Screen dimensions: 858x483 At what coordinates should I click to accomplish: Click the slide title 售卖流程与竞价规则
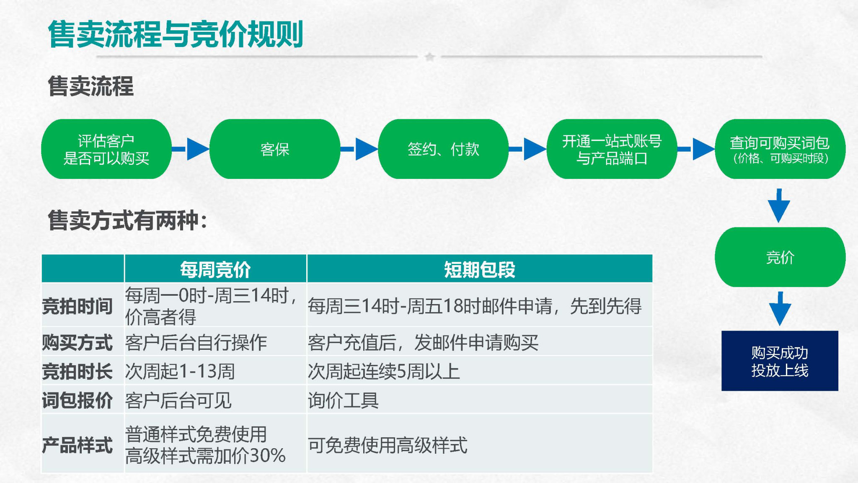click(x=176, y=34)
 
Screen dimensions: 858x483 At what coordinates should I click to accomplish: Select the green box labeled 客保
click(x=275, y=149)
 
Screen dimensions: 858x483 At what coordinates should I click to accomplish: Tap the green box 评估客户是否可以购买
click(x=106, y=149)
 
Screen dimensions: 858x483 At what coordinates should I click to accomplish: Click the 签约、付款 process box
click(x=443, y=149)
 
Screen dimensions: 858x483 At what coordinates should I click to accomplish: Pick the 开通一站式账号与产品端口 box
click(x=612, y=149)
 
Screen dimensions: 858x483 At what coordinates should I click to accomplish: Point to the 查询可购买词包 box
click(x=780, y=149)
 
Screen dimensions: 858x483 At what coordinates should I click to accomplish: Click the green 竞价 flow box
click(x=780, y=257)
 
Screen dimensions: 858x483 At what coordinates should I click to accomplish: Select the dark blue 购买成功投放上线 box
click(x=780, y=361)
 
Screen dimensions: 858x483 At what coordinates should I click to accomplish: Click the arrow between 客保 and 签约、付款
click(x=359, y=149)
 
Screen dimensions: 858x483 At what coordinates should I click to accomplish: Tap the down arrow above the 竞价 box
click(x=779, y=206)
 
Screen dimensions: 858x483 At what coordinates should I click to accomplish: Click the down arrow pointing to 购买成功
click(x=780, y=309)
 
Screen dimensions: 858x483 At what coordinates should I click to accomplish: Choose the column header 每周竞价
click(x=215, y=269)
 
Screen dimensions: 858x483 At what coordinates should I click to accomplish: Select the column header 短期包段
click(x=480, y=269)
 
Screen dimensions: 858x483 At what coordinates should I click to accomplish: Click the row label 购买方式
click(x=78, y=343)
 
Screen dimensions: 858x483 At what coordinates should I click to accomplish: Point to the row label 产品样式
click(x=78, y=445)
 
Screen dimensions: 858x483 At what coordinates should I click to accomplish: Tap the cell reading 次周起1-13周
click(x=180, y=372)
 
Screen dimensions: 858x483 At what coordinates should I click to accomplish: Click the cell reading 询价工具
click(x=343, y=400)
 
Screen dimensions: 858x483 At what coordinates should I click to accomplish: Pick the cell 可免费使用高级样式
click(x=388, y=445)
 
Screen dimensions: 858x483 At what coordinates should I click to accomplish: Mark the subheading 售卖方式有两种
click(x=127, y=220)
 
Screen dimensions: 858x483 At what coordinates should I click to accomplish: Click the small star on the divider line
click(x=429, y=57)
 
